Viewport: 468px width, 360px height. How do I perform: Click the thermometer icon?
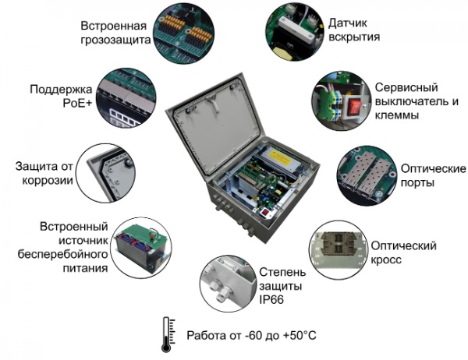pyautogui.click(x=166, y=329)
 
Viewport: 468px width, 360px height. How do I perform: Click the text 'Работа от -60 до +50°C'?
pyautogui.click(x=252, y=336)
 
